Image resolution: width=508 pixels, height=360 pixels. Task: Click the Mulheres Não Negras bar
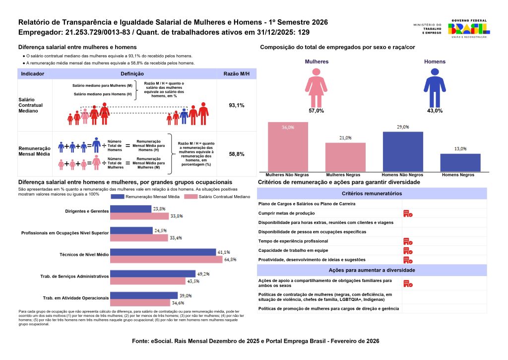[288, 147]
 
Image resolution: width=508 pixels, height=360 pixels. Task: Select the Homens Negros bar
[460, 162]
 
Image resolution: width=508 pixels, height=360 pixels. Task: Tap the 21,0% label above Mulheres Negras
[345, 138]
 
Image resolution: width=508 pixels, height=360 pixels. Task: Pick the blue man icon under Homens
[435, 86]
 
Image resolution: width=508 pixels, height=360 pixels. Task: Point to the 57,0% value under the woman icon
[316, 111]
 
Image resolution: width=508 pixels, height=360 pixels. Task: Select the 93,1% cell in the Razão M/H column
[236, 106]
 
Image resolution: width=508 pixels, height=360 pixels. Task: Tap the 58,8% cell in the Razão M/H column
[236, 154]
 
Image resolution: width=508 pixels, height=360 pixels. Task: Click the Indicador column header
[33, 73]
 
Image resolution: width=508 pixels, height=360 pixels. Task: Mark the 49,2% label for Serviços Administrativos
[204, 274]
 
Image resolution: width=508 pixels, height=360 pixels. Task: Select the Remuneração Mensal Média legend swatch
[117, 197]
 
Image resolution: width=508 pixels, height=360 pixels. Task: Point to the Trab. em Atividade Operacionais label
[76, 298]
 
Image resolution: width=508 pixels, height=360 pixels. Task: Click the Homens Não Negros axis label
[402, 175]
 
